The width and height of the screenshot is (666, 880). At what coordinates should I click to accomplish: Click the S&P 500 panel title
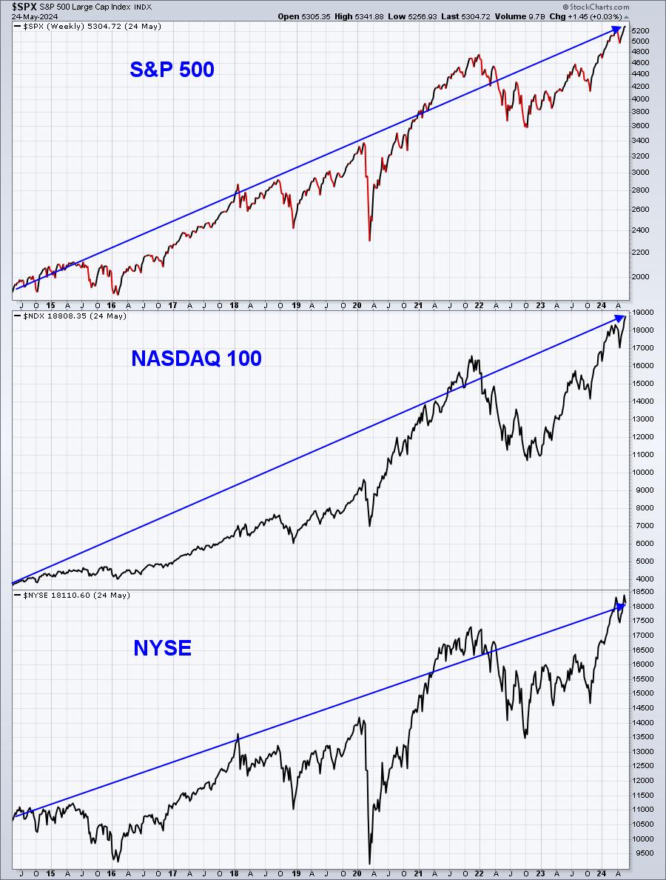pos(172,70)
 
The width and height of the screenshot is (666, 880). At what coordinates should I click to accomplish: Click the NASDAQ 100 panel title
pos(195,359)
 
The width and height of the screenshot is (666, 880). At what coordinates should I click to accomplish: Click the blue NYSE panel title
pos(162,648)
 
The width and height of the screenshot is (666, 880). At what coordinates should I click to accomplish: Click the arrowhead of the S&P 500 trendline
pos(617,30)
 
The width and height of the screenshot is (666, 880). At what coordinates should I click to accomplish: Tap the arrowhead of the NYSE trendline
pos(622,605)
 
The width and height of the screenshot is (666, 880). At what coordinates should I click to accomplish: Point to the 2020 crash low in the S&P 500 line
pos(369,239)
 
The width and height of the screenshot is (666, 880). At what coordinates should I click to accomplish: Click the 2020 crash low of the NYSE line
pos(369,862)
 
